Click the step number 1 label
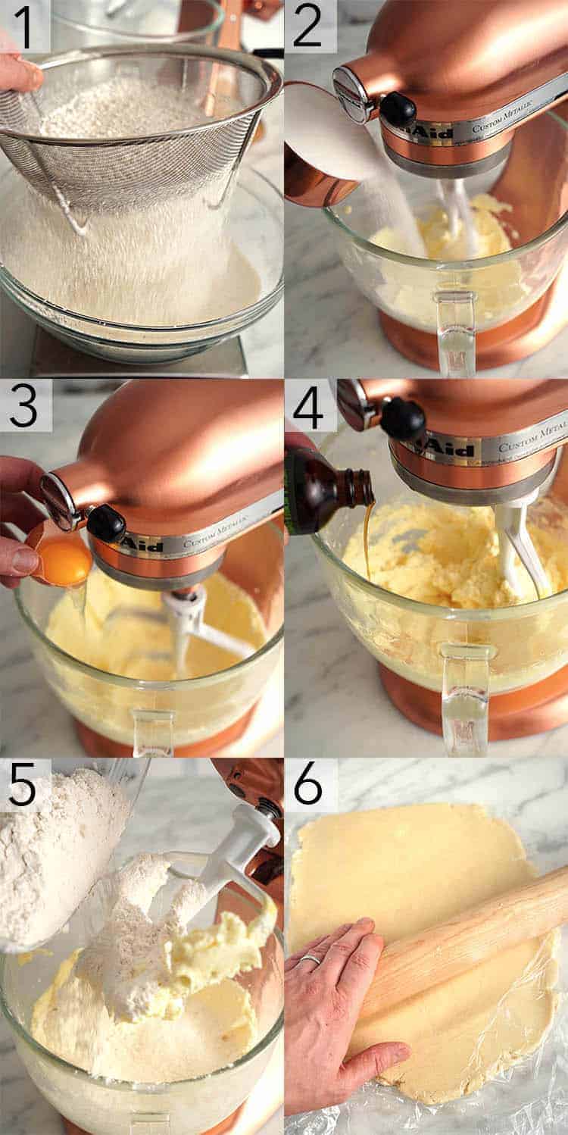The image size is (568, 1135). (x=24, y=27)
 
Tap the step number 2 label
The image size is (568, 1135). (x=309, y=27)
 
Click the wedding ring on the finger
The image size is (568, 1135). (x=311, y=959)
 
